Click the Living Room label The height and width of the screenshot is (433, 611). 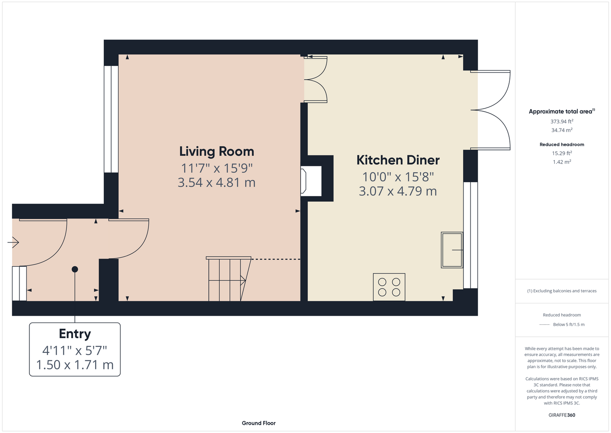click(x=217, y=152)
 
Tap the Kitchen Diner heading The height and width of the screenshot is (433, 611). click(x=398, y=160)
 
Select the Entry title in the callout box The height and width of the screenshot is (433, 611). click(x=75, y=334)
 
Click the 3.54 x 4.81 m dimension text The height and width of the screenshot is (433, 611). click(x=217, y=182)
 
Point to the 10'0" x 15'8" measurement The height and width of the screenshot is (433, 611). click(x=398, y=177)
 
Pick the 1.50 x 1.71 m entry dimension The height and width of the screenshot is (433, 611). click(x=75, y=365)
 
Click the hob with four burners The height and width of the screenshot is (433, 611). click(x=389, y=287)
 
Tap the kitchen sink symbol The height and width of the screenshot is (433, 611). click(x=452, y=250)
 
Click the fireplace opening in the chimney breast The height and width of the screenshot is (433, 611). click(x=311, y=181)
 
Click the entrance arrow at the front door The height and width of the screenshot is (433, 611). click(x=13, y=242)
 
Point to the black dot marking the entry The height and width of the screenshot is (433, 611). click(x=75, y=269)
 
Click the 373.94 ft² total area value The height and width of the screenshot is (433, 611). click(x=562, y=121)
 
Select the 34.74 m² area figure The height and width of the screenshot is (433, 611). click(x=562, y=130)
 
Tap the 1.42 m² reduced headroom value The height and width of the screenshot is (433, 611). click(x=562, y=162)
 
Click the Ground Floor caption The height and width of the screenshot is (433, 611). click(x=259, y=423)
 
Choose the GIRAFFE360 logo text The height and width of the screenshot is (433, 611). click(x=562, y=415)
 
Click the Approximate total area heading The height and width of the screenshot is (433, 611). click(x=562, y=111)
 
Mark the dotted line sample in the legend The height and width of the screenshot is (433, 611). click(x=544, y=325)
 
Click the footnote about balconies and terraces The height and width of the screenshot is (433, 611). click(x=562, y=291)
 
